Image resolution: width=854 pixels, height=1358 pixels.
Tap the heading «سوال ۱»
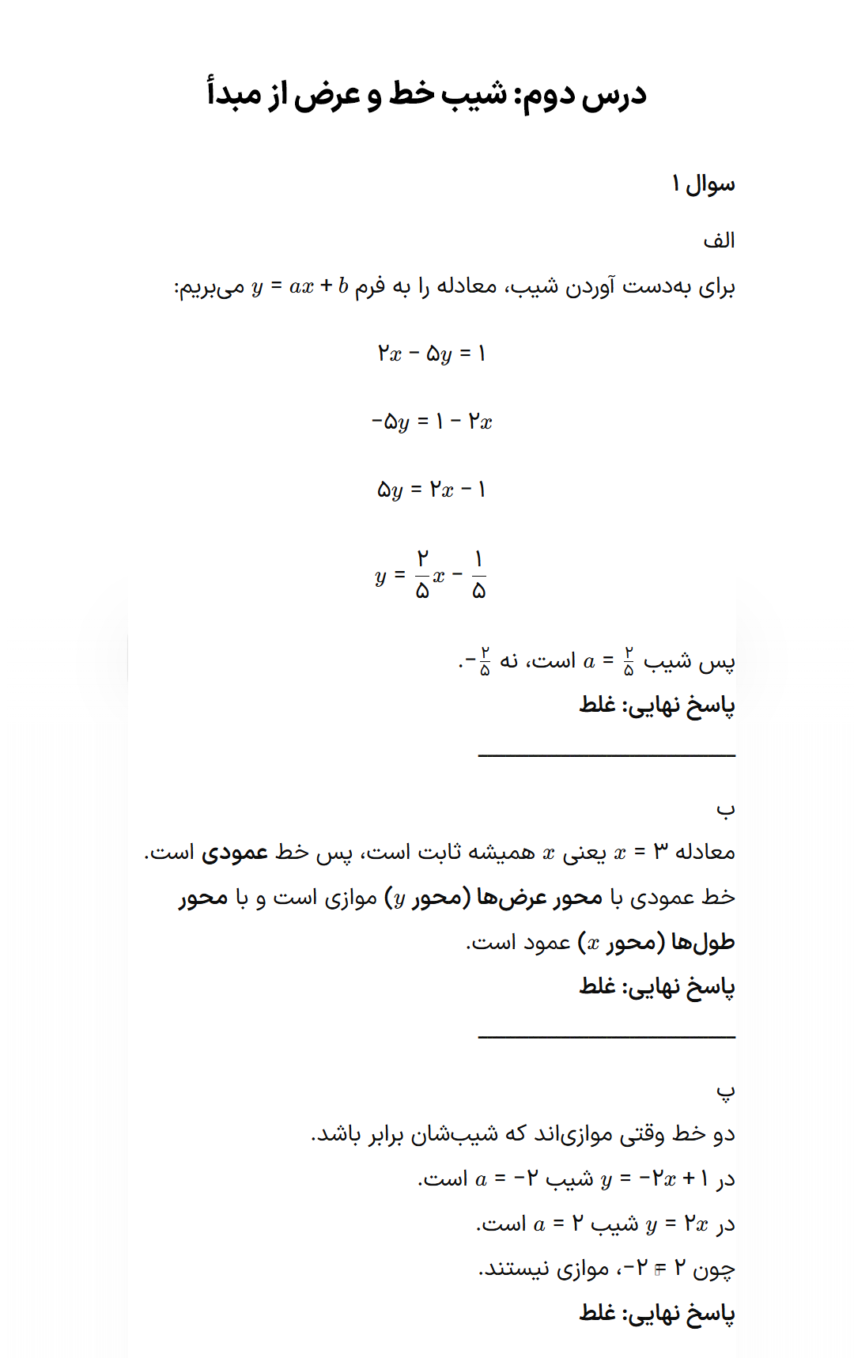pyautogui.click(x=703, y=184)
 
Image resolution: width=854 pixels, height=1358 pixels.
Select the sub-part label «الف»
pyautogui.click(x=719, y=240)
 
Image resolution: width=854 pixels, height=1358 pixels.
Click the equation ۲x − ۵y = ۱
pyautogui.click(x=431, y=354)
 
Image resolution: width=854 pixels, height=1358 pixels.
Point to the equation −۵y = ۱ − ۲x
pyautogui.click(x=431, y=422)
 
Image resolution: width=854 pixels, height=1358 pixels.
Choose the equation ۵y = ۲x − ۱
pyautogui.click(x=431, y=490)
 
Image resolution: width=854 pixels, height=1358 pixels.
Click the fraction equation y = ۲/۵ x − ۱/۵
pyautogui.click(x=431, y=575)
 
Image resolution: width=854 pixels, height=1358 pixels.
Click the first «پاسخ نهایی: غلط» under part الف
pyautogui.click(x=656, y=705)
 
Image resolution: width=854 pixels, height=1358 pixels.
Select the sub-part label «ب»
pyautogui.click(x=725, y=808)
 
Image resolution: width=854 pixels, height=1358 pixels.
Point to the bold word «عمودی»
pyautogui.click(x=235, y=853)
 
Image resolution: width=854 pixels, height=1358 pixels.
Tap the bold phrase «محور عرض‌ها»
pyautogui.click(x=539, y=898)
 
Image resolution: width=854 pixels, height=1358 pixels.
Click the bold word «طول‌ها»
pyautogui.click(x=703, y=943)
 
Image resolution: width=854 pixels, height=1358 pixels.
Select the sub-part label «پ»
pyautogui.click(x=725, y=1091)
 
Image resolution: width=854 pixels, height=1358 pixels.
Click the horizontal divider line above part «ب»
pyautogui.click(x=606, y=755)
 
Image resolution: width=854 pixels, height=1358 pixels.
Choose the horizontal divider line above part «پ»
pyautogui.click(x=606, y=1036)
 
